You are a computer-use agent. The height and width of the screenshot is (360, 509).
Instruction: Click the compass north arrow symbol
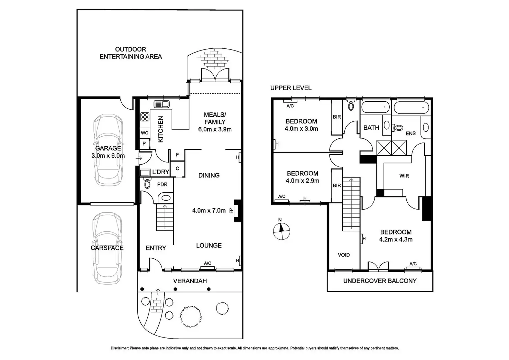click(281, 231)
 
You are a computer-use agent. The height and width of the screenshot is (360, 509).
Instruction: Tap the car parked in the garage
click(108, 150)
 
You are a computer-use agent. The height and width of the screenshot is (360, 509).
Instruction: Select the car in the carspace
click(107, 248)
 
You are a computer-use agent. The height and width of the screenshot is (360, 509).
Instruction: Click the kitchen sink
click(161, 104)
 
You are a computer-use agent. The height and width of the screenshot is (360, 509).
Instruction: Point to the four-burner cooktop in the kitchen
click(145, 117)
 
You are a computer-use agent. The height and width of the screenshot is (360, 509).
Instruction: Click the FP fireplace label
click(231, 211)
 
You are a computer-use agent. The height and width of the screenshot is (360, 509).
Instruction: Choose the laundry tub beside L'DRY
click(145, 173)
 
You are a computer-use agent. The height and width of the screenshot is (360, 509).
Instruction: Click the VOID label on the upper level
click(344, 255)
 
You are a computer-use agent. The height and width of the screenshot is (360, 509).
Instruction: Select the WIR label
click(404, 176)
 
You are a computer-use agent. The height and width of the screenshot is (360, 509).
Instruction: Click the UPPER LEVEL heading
click(290, 88)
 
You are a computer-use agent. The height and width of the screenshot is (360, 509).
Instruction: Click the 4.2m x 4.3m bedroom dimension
click(396, 239)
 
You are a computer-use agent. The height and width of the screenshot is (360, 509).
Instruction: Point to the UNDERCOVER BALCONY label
click(380, 281)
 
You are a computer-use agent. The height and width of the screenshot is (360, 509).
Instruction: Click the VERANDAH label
click(190, 281)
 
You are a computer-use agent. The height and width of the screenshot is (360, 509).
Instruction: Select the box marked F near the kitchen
click(177, 155)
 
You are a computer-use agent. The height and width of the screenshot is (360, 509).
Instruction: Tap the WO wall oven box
click(145, 133)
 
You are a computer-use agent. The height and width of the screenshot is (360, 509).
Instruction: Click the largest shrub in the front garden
click(191, 316)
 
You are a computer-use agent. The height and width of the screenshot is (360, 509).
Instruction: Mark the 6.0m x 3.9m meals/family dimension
click(215, 129)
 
